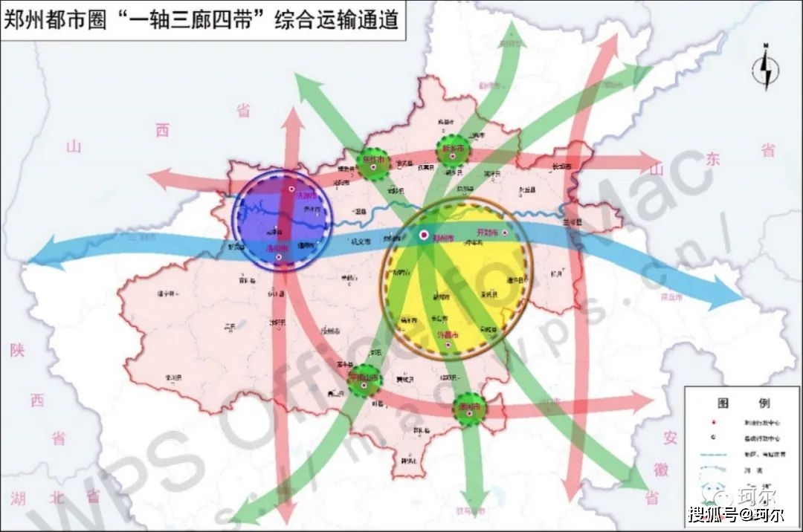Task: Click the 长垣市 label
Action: coord(562,166)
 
